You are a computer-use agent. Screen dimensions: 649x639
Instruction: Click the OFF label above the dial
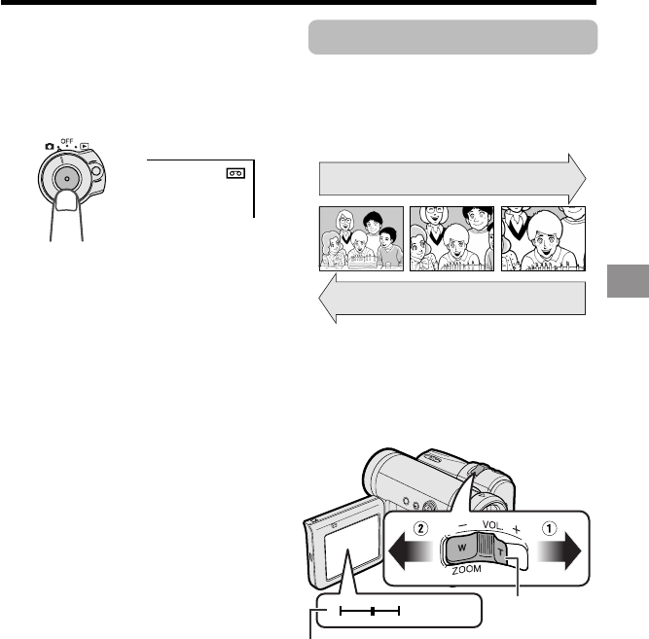[67, 141]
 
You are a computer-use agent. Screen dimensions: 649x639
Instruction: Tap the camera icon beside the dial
[50, 147]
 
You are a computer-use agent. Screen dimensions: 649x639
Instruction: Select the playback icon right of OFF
[85, 146]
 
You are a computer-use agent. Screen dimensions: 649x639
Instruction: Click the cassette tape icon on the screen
[235, 173]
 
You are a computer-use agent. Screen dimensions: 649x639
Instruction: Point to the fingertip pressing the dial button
[66, 200]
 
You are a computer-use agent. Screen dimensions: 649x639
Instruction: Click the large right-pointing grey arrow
[452, 179]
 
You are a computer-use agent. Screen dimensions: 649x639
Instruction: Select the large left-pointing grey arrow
[452, 298]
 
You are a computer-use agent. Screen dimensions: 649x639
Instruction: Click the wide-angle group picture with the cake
[361, 239]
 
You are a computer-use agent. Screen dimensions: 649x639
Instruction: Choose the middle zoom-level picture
[452, 239]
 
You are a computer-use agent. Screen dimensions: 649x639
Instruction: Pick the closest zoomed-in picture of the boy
[544, 239]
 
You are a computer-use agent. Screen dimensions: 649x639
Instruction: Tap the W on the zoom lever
[462, 548]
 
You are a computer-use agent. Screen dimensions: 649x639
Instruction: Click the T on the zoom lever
[500, 552]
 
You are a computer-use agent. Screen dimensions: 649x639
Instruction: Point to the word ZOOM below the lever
[466, 570]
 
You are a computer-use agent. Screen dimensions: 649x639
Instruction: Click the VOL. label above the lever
[492, 525]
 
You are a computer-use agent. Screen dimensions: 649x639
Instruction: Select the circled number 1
[549, 528]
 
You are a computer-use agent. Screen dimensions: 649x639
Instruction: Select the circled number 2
[420, 528]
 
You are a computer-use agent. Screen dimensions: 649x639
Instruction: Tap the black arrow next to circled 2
[411, 551]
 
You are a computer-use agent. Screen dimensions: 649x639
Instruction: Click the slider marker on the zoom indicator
[373, 611]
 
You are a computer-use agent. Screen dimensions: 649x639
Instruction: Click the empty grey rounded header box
[452, 37]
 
